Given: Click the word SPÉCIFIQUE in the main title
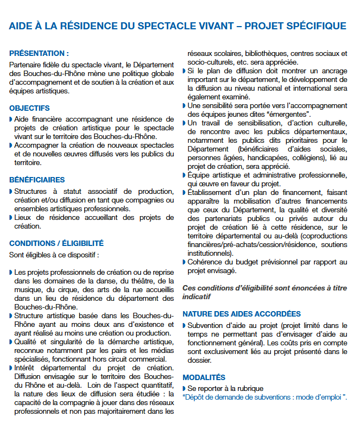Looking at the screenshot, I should [317, 26].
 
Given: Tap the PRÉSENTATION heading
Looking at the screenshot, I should [39, 53].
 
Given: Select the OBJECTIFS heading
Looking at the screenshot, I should [29, 108].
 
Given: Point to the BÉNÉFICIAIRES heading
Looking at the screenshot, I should [37, 180].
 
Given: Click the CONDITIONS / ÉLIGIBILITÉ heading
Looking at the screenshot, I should [56, 243].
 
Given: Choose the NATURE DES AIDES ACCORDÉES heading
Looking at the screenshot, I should [241, 314].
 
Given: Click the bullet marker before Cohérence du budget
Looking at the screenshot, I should [184, 262].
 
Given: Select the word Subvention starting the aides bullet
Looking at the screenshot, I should [205, 325].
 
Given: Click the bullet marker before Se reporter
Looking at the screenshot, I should [184, 388].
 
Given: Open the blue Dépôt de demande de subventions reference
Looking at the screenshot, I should [264, 397].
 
